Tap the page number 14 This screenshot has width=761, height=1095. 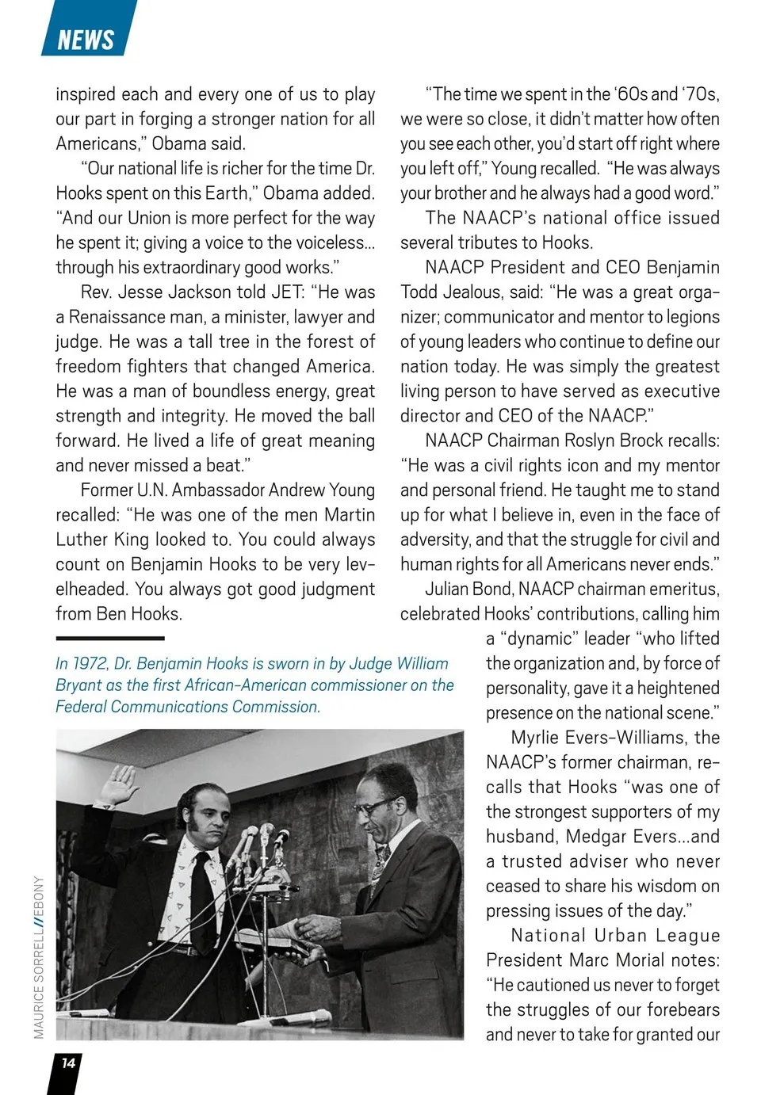pos(68,1063)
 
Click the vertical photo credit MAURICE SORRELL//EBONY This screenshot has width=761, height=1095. pos(39,957)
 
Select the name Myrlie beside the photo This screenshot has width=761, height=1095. pos(540,738)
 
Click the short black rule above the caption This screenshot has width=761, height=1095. pos(110,638)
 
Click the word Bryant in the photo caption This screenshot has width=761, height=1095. pos(79,685)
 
